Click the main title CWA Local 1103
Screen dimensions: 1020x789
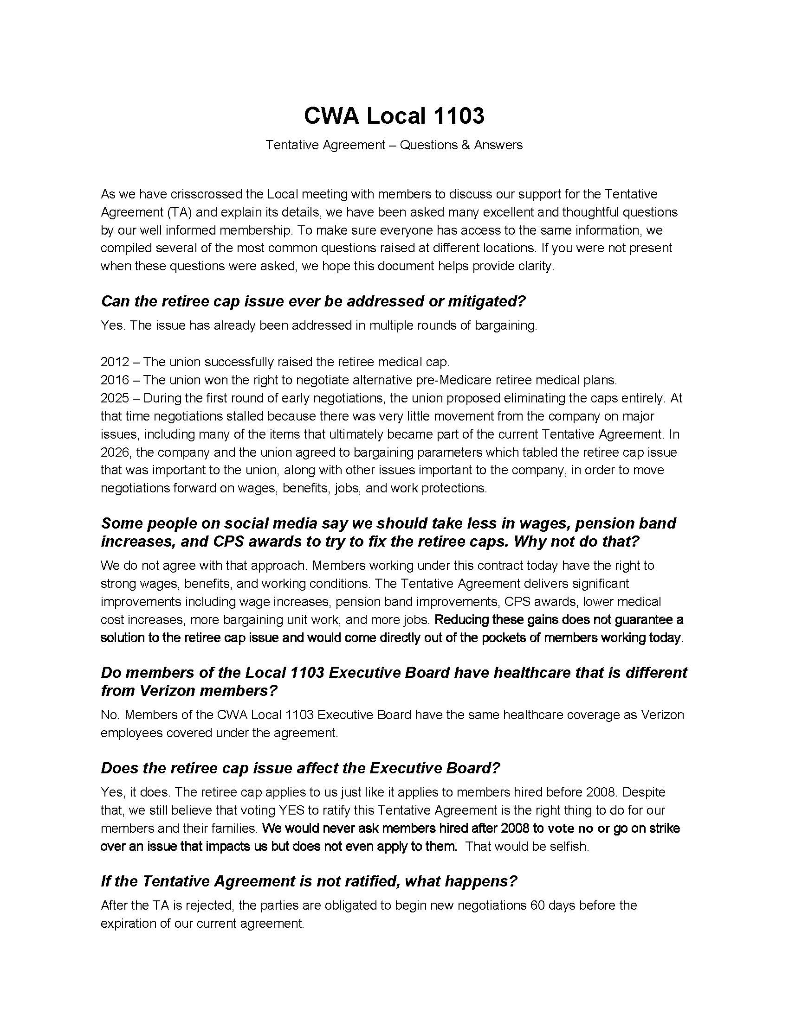[x=394, y=115]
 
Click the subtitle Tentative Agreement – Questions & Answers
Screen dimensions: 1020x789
[x=394, y=145]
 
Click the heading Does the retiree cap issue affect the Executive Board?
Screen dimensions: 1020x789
[x=300, y=768]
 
